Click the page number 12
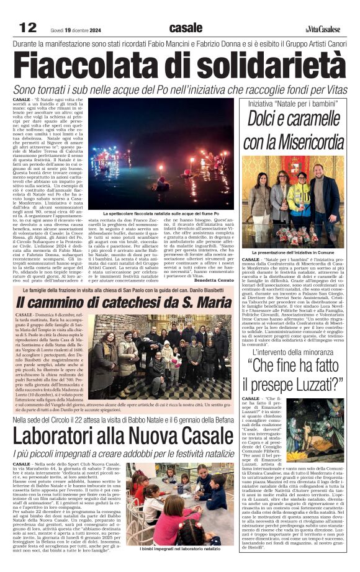point(28,27)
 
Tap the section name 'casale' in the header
point(186,27)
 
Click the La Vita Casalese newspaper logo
point(323,29)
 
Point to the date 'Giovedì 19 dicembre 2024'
point(77,29)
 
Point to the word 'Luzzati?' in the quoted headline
point(322,382)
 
